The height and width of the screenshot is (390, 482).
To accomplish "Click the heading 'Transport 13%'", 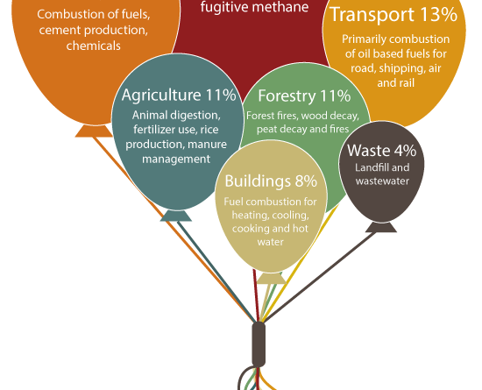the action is [393, 14].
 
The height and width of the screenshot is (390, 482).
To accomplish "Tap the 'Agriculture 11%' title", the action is [179, 95].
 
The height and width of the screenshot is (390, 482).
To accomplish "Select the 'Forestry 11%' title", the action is [304, 96].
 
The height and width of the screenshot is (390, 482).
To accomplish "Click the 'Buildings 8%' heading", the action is [271, 181].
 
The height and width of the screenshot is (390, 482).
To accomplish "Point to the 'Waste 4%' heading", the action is [382, 150].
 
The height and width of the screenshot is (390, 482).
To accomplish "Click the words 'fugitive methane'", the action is [254, 7].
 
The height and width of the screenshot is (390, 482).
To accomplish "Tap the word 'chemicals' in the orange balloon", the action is [94, 46].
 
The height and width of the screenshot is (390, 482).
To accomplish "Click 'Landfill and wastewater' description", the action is [382, 174].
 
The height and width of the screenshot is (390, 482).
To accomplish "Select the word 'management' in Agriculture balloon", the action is [176, 160].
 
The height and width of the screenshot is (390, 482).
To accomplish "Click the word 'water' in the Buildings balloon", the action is [271, 242].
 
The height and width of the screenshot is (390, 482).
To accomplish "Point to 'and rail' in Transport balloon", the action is [396, 83].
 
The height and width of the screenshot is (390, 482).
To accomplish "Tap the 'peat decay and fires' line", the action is [303, 129].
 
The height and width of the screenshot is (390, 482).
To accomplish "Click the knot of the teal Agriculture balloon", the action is [176, 216].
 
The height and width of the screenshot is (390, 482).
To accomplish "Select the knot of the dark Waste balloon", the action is [381, 227].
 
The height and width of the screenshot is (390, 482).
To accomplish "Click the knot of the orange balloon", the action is [94, 131].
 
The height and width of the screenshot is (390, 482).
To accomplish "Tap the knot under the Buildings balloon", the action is [272, 279].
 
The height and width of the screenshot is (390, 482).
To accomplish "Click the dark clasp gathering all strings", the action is [259, 344].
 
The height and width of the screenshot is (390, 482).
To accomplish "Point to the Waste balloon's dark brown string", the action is [320, 277].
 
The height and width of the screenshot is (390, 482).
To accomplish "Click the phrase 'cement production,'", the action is [94, 30].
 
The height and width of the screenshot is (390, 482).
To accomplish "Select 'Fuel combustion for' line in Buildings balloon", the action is [270, 202].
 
